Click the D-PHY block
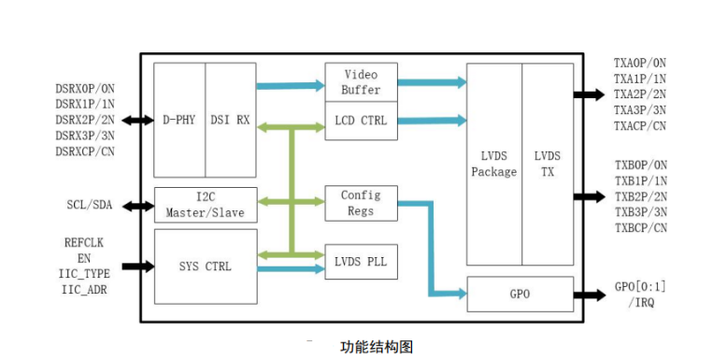178,120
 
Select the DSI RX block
230,120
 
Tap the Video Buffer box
361,82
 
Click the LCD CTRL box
361,121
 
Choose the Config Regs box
361,203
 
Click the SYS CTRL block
205,266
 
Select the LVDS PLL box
361,261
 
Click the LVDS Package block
493,165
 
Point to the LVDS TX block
548,165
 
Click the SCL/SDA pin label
90,204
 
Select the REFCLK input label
84,242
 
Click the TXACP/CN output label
640,126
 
